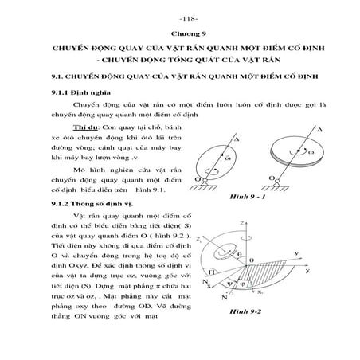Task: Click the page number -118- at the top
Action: pos(180,15)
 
